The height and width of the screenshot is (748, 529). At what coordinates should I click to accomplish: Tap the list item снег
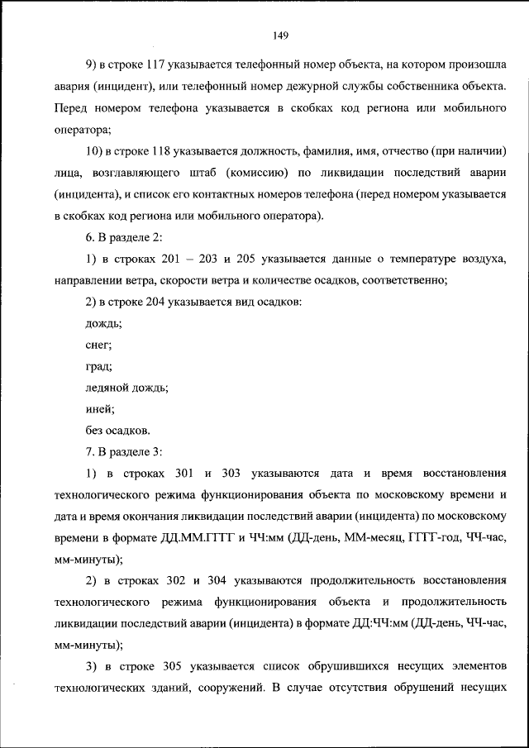click(98, 345)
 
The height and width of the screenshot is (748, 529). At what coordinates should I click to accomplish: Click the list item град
click(98, 366)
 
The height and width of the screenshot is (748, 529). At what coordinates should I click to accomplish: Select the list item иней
click(99, 409)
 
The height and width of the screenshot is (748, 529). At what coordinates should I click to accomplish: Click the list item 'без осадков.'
click(117, 431)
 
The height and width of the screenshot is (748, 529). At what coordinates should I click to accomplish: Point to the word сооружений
click(230, 688)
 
